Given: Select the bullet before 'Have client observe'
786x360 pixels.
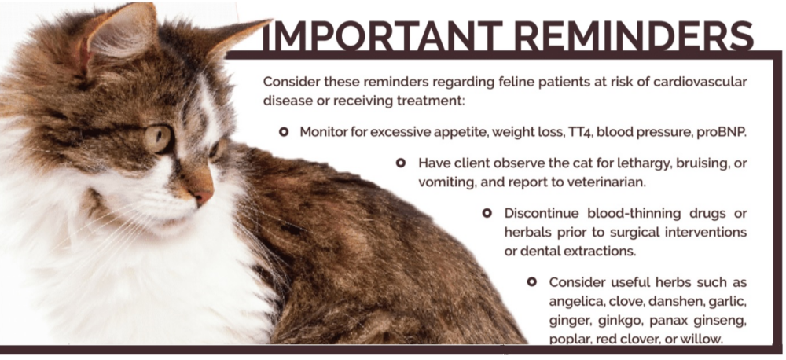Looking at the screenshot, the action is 401,163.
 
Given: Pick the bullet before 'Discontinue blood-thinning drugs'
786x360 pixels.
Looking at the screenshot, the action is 487,214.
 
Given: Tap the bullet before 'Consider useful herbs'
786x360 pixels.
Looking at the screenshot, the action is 532,282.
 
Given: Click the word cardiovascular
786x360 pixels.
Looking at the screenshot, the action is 700,81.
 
